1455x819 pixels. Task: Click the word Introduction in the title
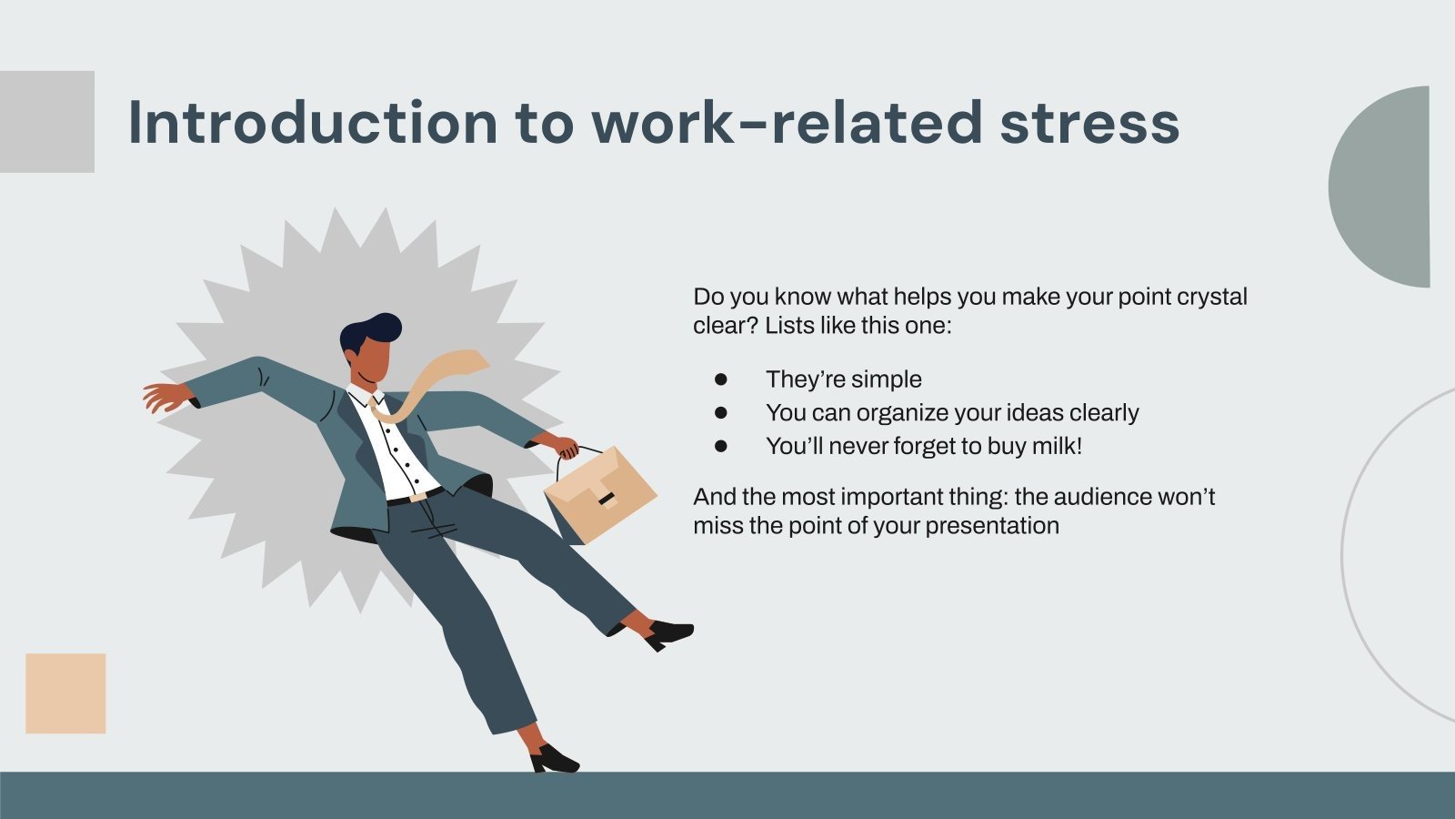(312, 123)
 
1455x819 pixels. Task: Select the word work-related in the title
(787, 123)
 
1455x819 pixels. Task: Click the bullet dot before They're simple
(721, 379)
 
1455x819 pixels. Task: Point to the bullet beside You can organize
(721, 412)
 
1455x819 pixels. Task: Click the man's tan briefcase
(600, 496)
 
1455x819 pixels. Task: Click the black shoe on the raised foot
(668, 632)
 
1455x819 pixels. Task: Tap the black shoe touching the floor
(553, 759)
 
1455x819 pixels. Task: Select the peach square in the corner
(65, 693)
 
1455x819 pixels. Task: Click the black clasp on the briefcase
(605, 499)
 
